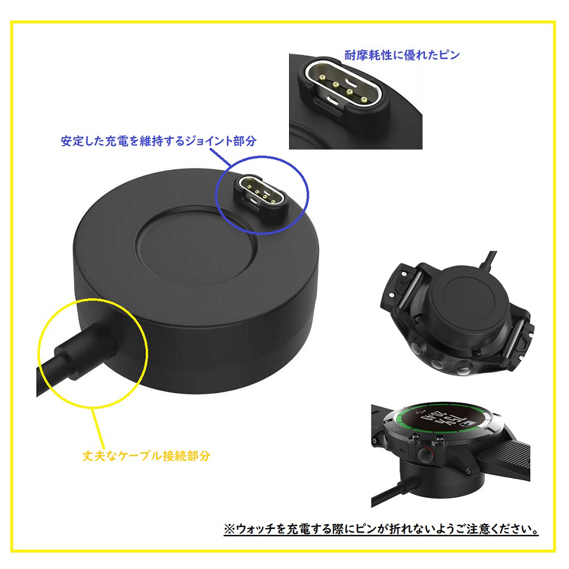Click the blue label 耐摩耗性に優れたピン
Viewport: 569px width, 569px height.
(402, 55)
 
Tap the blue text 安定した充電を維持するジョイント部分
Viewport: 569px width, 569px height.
(159, 141)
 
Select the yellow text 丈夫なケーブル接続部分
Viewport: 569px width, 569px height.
(146, 456)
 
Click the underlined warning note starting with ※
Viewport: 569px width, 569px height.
(381, 529)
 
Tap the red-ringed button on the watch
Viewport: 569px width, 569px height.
(424, 455)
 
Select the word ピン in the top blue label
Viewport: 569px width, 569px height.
(450, 55)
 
